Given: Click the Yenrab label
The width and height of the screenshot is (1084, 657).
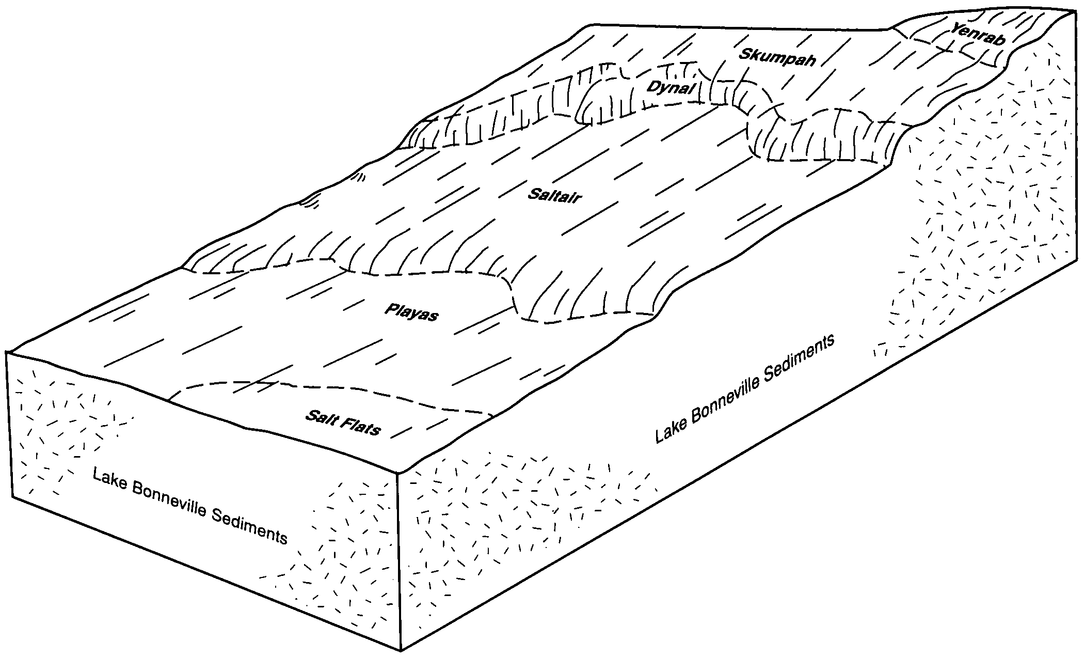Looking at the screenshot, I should pos(979,35).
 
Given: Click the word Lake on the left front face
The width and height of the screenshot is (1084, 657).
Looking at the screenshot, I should pos(110,478).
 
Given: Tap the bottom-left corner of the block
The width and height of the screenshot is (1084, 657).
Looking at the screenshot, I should pos(12,498).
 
